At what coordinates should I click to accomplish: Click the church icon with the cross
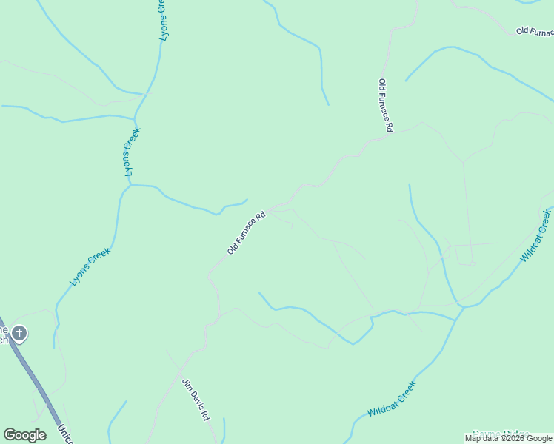click(19, 334)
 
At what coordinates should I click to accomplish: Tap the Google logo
click(24, 435)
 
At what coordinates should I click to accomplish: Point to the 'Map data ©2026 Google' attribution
click(508, 438)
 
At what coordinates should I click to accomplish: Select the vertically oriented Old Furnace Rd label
click(384, 105)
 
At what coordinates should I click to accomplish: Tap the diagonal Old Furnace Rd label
click(246, 234)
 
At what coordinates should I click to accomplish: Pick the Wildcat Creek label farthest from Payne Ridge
click(535, 235)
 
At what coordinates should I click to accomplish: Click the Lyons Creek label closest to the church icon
click(90, 266)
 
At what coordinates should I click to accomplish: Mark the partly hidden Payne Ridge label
click(501, 434)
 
